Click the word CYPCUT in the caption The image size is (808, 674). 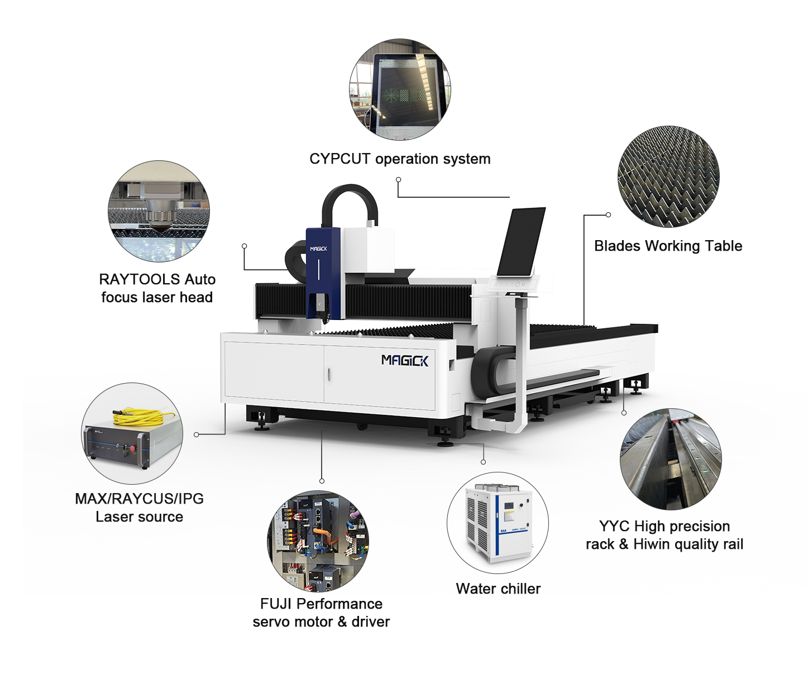[x=340, y=159]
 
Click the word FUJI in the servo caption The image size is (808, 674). [x=276, y=604]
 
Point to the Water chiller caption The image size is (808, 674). [x=498, y=589]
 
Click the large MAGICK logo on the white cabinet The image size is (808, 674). [x=405, y=360]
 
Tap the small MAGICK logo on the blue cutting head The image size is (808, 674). [x=318, y=248]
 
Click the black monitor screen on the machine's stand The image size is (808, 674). [x=521, y=242]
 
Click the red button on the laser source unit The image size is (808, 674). [x=132, y=449]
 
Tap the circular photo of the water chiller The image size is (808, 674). [x=498, y=523]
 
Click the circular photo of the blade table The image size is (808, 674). [x=668, y=176]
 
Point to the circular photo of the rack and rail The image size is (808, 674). [x=671, y=459]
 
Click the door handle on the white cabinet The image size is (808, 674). [x=328, y=375]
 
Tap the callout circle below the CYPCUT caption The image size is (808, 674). [x=398, y=179]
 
